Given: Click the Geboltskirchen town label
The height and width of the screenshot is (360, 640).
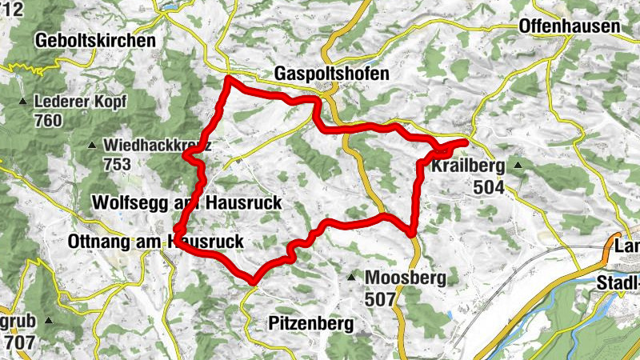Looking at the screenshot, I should click(x=94, y=39).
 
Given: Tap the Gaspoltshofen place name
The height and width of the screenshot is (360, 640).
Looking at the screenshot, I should click(x=331, y=73).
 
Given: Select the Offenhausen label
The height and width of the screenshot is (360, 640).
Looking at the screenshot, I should click(x=569, y=26).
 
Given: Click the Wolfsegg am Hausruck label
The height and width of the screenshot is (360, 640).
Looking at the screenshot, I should click(x=186, y=203).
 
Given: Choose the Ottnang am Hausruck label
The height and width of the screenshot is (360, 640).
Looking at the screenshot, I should click(x=156, y=241).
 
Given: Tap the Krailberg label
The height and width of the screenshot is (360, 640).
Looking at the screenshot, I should click(x=468, y=167).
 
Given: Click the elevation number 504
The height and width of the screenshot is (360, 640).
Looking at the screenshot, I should click(x=490, y=186).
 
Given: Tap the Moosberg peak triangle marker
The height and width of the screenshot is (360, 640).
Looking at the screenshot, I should click(x=351, y=278).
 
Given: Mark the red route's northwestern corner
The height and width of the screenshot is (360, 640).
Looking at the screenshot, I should click(x=228, y=78).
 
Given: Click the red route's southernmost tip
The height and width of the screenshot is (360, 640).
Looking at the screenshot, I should click(x=252, y=282).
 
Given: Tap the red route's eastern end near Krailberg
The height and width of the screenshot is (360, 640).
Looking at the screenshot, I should click(x=465, y=142).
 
